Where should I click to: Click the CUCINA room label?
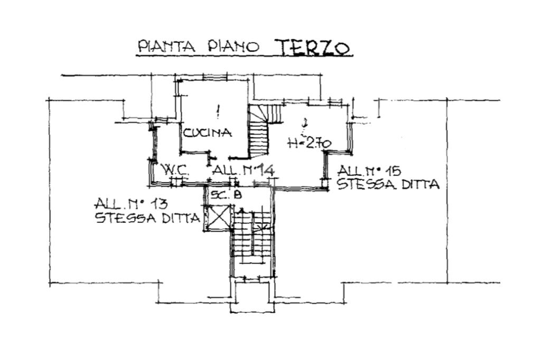coord(207,133)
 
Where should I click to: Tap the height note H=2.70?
coord(309,143)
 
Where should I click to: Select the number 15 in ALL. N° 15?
coord(391,171)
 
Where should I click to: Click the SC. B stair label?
coord(226,195)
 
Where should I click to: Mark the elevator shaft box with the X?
coord(218,217)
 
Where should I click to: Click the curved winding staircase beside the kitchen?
coord(259,132)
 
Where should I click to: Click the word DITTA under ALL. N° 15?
coord(417,184)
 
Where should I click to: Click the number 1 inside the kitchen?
coord(218,111)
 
